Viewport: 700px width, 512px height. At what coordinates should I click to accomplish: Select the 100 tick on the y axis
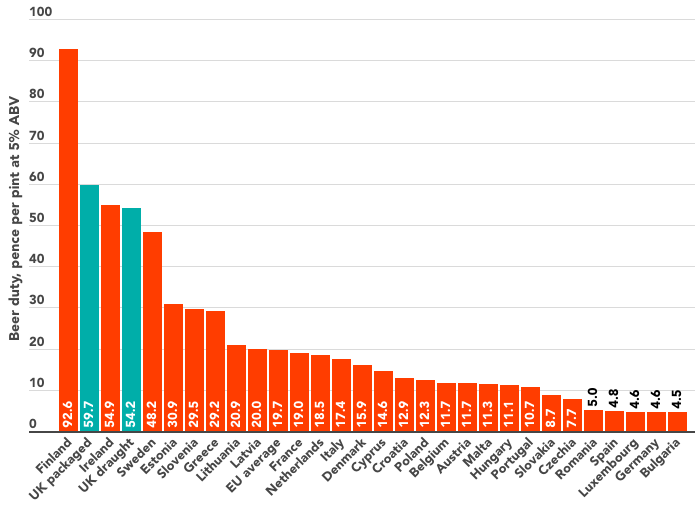[x=40, y=13]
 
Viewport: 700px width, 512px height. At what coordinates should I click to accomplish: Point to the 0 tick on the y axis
[x=33, y=425]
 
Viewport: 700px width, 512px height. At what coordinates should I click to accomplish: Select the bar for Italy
[x=341, y=392]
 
